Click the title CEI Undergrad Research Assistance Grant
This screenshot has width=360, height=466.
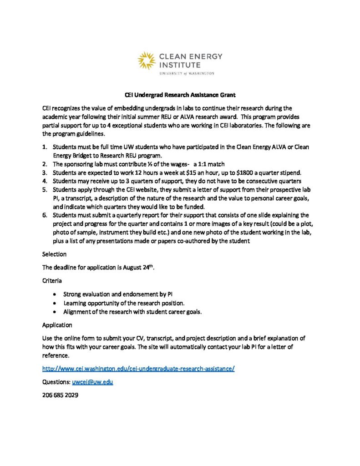(x=180, y=95)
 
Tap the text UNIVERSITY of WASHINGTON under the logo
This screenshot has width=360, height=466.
(x=186, y=73)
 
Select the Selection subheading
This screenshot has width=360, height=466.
(x=54, y=254)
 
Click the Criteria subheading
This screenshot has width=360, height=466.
(x=52, y=281)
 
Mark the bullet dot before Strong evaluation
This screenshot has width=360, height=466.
(x=55, y=294)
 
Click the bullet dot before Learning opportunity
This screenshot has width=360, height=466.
(x=55, y=303)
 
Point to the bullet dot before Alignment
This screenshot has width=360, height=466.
(x=55, y=312)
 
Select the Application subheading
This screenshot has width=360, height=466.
(x=57, y=325)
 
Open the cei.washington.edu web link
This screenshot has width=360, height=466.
(x=138, y=368)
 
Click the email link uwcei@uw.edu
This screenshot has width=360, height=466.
(x=92, y=382)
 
